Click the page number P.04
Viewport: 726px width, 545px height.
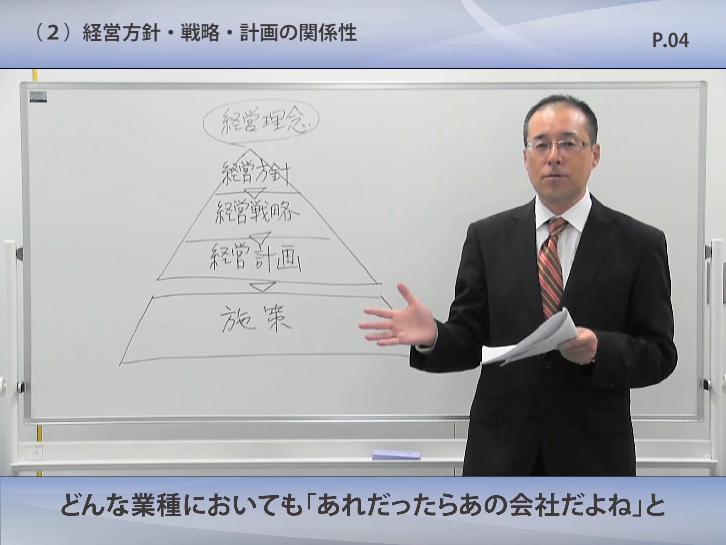click(x=671, y=41)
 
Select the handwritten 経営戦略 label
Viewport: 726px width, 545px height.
click(x=256, y=212)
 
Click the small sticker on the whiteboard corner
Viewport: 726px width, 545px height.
click(x=38, y=97)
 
